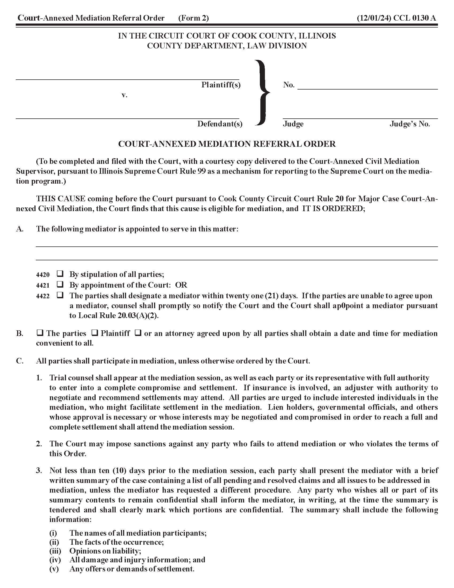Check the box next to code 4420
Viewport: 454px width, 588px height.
(60, 274)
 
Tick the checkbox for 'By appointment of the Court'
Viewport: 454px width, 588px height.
(60, 284)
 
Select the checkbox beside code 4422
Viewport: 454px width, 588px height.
(60, 295)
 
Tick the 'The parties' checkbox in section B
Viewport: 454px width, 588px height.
(40, 333)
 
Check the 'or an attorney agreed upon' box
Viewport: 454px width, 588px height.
(138, 333)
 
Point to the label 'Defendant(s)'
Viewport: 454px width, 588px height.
(220, 124)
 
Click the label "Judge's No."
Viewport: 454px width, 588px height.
(410, 124)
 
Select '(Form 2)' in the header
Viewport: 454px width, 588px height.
(193, 18)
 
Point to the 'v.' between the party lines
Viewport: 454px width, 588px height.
(124, 95)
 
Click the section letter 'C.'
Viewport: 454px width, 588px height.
(20, 361)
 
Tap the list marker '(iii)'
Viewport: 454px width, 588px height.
(55, 551)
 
